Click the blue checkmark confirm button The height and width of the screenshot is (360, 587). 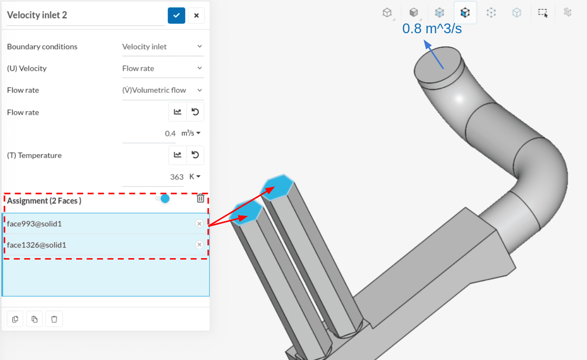tap(176, 15)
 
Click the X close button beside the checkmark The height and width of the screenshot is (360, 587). tap(196, 15)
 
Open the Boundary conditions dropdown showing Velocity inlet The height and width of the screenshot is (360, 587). tap(163, 46)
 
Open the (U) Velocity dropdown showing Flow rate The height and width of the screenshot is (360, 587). tap(163, 68)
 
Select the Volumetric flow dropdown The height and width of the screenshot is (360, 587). tap(163, 90)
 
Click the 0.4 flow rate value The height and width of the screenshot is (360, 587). tap(170, 133)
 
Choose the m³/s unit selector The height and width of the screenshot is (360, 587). tap(191, 133)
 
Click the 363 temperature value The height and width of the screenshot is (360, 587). tap(177, 177)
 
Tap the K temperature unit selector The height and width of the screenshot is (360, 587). tap(194, 177)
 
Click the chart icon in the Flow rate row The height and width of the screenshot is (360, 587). tap(177, 112)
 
